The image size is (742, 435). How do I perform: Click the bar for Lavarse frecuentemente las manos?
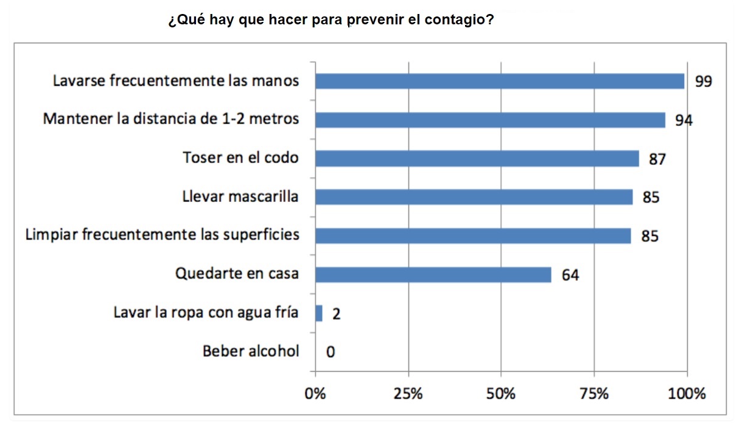(x=499, y=82)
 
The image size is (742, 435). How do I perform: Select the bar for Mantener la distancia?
(x=490, y=120)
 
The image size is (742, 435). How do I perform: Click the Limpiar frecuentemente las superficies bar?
(x=473, y=235)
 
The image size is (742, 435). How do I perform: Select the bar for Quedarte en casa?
(x=433, y=274)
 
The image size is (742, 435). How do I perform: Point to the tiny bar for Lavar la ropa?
(x=318, y=313)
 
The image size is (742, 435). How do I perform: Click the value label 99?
(x=703, y=82)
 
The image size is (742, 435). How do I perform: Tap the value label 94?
(x=684, y=120)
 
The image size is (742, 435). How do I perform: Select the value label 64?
(x=570, y=275)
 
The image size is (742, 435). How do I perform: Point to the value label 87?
(x=657, y=159)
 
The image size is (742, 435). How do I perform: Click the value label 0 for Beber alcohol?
(x=331, y=352)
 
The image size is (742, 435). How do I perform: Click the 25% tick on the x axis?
(x=408, y=394)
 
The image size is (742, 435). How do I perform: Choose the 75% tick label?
(x=594, y=394)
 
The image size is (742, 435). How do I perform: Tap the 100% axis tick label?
(x=687, y=394)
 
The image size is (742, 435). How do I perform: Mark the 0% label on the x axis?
(x=315, y=394)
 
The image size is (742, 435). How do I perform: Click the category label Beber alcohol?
(x=251, y=351)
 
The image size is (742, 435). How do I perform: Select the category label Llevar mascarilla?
(x=240, y=197)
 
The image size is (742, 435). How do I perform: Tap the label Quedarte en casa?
(x=237, y=274)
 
